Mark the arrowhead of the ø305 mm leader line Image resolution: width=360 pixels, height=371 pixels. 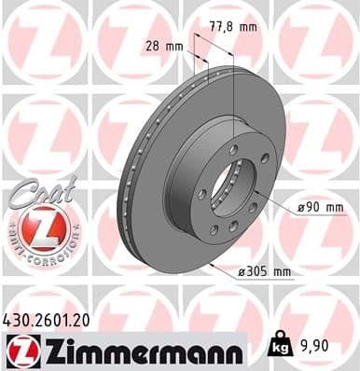(212, 264)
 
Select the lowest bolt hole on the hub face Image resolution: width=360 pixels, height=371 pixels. (214, 231)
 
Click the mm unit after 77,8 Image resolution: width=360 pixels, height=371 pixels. (247, 27)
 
